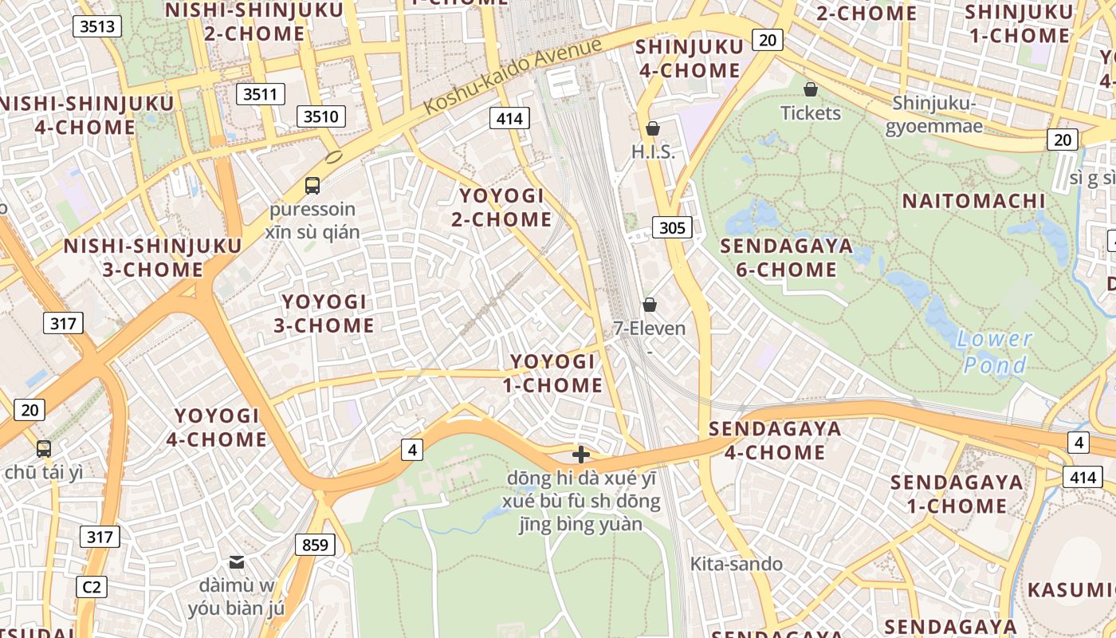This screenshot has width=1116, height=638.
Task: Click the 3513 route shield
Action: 97,26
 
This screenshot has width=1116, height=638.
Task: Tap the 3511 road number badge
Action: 260,94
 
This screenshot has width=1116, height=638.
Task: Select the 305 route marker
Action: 672,228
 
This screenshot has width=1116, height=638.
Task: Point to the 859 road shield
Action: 315,545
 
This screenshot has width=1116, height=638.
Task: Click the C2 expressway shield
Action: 92,587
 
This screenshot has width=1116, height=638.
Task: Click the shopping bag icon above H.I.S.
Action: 653,128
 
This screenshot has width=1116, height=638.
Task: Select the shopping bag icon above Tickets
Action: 811,89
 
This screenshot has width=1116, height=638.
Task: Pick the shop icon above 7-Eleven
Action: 650,305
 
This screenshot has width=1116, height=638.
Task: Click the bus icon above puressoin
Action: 312,186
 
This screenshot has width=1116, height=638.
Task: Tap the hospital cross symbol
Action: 581,455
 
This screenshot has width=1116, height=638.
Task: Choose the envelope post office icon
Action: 237,562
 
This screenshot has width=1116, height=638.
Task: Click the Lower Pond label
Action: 995,352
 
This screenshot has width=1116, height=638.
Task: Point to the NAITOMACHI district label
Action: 973,201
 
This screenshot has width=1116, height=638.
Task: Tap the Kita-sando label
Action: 736,564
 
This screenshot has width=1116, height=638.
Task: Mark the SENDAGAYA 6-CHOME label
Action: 786,258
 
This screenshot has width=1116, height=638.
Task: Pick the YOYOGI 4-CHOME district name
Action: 217,427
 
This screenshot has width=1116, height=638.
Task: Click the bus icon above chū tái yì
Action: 44,449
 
